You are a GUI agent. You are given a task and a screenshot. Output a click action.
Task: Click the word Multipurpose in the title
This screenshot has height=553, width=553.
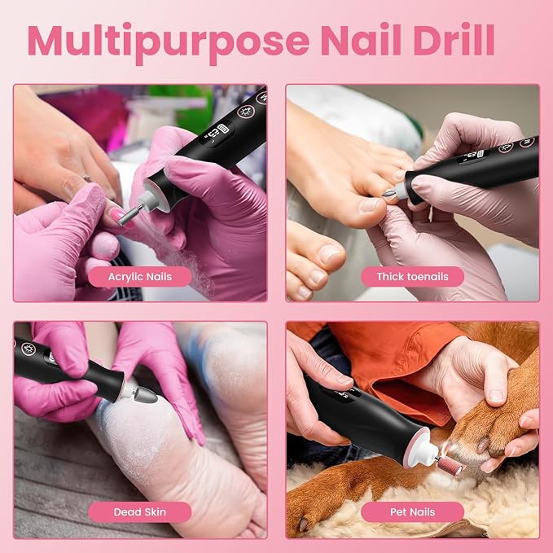pyautogui.click(x=169, y=42)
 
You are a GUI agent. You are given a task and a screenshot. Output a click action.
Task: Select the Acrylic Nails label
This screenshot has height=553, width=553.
pyautogui.click(x=139, y=277)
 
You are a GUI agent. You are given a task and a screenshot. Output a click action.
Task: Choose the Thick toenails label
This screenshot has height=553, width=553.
pyautogui.click(x=412, y=277)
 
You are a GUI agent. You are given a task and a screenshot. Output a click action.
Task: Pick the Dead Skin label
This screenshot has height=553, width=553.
pyautogui.click(x=139, y=511)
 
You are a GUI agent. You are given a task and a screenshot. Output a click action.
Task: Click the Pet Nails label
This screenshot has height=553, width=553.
pyautogui.click(x=412, y=511)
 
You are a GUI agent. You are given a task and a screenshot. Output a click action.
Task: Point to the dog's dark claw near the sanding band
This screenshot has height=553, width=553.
pyautogui.click(x=484, y=445)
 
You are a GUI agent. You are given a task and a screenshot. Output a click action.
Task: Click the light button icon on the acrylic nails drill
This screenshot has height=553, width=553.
pyautogui.click(x=245, y=111)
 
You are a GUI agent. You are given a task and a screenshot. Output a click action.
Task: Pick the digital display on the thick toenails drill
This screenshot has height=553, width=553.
pyautogui.click(x=473, y=156)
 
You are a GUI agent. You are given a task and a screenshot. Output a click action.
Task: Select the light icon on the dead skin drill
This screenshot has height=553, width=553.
pyautogui.click(x=29, y=349)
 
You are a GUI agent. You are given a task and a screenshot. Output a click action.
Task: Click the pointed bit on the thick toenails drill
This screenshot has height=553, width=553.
pyautogui.click(x=388, y=193)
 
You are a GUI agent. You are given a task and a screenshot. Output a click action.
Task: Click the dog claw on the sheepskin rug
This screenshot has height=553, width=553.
pyautogui.click(x=303, y=525)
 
